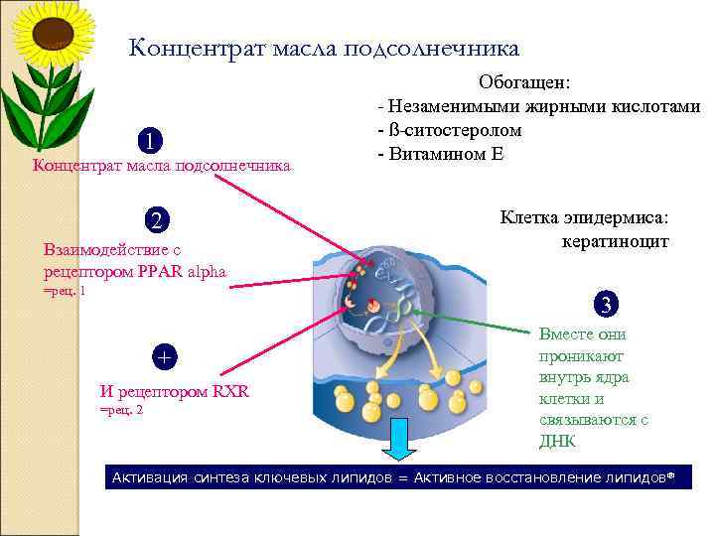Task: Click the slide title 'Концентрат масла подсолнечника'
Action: coord(324,48)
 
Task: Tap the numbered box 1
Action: coord(151,140)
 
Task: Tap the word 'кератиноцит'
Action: coord(615,241)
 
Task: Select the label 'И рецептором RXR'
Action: coord(175,392)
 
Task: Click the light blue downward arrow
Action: coord(397,439)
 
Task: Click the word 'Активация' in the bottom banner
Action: coord(150,478)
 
